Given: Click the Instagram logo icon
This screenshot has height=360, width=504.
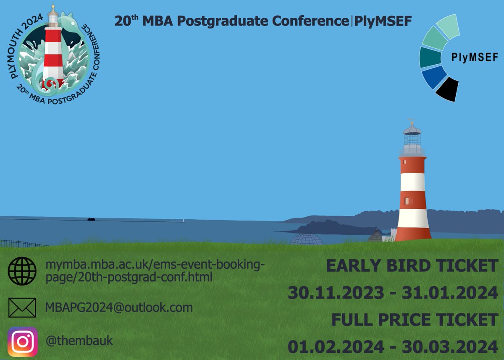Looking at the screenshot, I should point(23,342).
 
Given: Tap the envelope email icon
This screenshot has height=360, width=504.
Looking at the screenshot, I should point(22,308).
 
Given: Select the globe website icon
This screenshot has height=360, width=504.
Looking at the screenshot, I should point(22,271).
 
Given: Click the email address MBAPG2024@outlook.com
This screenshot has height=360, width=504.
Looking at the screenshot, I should point(119,307).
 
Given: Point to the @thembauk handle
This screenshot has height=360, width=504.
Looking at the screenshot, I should point(79,341).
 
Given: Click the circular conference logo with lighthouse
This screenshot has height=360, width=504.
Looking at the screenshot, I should point(53,50).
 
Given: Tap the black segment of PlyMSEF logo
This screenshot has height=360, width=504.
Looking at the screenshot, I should point(447,89).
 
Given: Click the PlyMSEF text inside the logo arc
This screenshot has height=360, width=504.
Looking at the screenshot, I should point(475,58).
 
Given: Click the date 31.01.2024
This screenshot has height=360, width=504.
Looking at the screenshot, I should point(450,292).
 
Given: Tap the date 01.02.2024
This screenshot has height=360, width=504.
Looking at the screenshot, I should point(336,347).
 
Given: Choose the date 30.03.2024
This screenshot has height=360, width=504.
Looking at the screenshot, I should point(450,347).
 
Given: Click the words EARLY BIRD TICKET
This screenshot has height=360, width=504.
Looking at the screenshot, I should point(412,265).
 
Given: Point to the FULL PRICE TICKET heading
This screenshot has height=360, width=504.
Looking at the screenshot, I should point(415,320).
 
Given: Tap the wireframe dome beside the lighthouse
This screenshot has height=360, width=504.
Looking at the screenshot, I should point(307,239).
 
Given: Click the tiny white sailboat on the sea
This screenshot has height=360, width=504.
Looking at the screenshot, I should point(183,220).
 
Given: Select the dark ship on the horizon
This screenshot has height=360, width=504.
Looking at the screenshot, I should point(91,219).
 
